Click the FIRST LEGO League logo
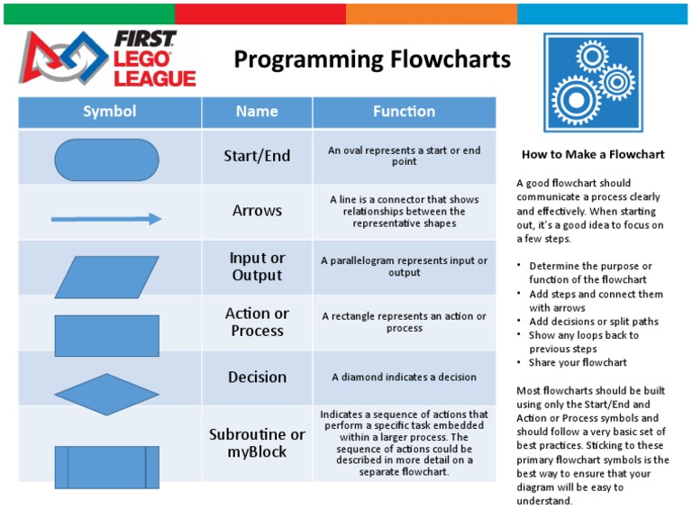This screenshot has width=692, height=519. (108, 60)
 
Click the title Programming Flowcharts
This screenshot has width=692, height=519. (371, 60)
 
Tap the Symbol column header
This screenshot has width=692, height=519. (109, 112)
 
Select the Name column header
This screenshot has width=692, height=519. (257, 112)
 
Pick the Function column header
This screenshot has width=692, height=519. (404, 112)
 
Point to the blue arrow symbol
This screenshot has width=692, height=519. (106, 219)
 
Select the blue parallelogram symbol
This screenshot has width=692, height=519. (106, 277)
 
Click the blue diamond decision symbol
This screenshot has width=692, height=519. (106, 394)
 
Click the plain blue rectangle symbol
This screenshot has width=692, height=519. (106, 335)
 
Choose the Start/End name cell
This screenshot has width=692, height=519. (257, 156)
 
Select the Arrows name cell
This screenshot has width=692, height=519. (257, 211)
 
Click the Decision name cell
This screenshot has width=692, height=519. (257, 378)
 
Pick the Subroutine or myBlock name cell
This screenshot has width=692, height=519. (257, 442)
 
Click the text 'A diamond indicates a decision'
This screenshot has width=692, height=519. (404, 378)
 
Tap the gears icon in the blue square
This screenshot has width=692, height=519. (594, 82)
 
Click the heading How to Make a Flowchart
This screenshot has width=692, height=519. (593, 154)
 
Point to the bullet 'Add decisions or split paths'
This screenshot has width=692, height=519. (593, 322)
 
